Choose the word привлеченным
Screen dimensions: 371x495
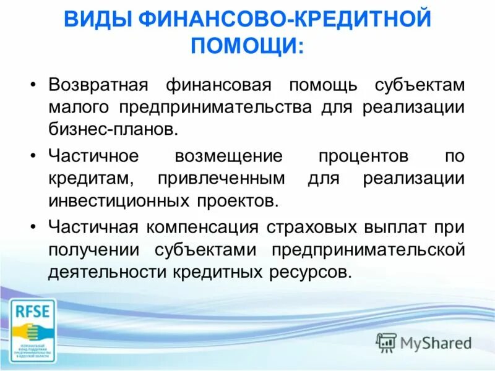pos(222,178)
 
